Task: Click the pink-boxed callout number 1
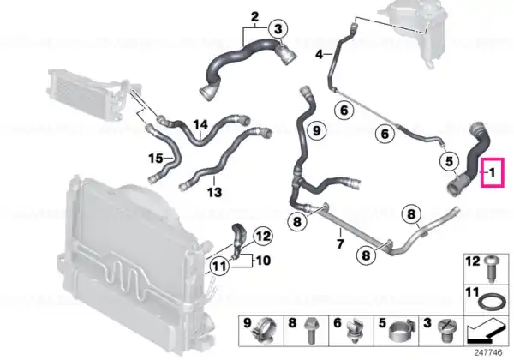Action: pyautogui.click(x=492, y=172)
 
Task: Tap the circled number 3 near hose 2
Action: pyautogui.click(x=278, y=29)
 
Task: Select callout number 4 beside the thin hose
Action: pyautogui.click(x=320, y=54)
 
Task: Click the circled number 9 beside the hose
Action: pyautogui.click(x=316, y=130)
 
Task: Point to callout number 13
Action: pyautogui.click(x=214, y=192)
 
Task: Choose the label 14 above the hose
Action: pyautogui.click(x=200, y=125)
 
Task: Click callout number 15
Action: pyautogui.click(x=156, y=159)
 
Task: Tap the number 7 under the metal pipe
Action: pyautogui.click(x=340, y=243)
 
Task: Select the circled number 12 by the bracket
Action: pyautogui.click(x=263, y=236)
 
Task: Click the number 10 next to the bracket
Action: pyautogui.click(x=263, y=261)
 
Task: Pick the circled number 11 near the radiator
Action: pyautogui.click(x=219, y=266)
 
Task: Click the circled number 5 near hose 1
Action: pyautogui.click(x=449, y=161)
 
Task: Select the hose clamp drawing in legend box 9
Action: pyautogui.click(x=264, y=331)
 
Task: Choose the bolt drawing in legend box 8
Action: pyautogui.click(x=310, y=331)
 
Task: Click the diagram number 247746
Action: pyautogui.click(x=488, y=353)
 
